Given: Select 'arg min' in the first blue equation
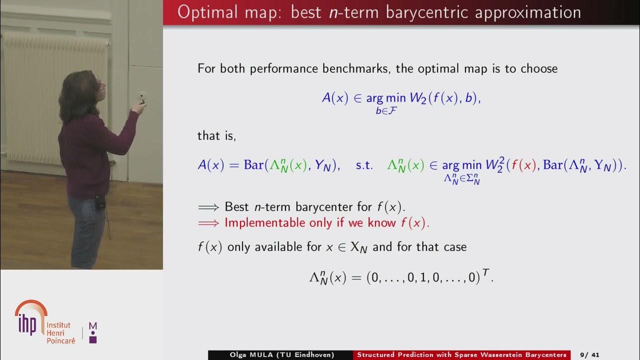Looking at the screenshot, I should click(386, 98).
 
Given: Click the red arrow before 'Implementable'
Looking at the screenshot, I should click(208, 223).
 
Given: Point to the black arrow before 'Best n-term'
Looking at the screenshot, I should click(208, 206).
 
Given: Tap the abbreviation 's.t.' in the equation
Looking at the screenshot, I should click(364, 165).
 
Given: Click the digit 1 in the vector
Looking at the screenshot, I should click(423, 278).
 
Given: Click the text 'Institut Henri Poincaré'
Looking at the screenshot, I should click(61, 332).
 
